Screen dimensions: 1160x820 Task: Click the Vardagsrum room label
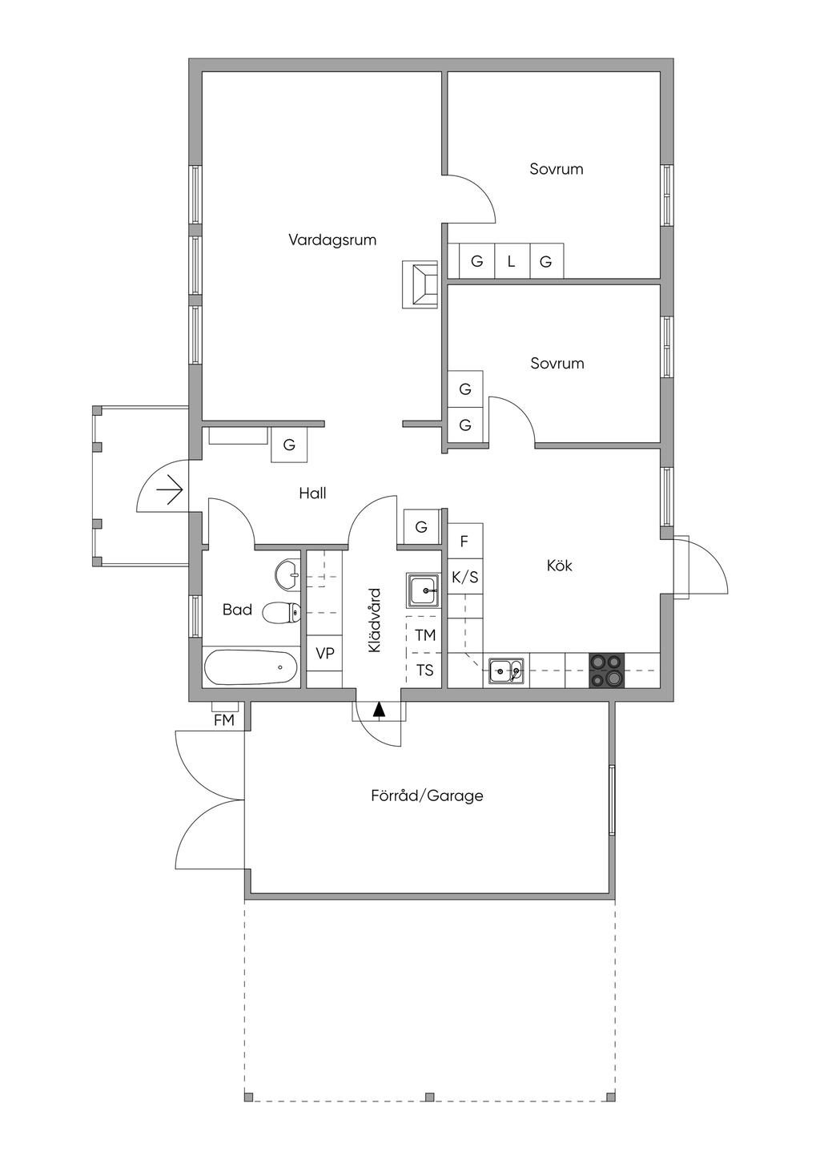point(332,240)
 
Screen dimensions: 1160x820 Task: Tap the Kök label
point(560,566)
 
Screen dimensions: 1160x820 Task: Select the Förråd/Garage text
point(427,795)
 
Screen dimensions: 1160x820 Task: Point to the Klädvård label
point(375,621)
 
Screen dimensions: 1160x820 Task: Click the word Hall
point(312,493)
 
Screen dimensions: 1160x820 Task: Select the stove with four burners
point(606,671)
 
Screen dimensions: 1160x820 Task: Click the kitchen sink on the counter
point(506,671)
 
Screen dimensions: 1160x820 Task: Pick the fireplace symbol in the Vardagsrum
point(420,284)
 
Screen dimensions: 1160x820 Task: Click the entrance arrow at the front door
point(169,488)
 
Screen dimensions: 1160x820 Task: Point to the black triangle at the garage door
point(379,709)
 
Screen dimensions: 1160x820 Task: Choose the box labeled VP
point(324,654)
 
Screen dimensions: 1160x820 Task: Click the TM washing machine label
point(425,635)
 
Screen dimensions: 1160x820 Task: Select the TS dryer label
point(425,670)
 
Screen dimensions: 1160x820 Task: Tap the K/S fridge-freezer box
point(465,577)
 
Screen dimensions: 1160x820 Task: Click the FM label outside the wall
point(224,720)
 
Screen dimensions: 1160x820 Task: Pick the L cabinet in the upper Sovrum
point(511,261)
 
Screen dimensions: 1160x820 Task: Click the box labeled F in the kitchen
point(464,541)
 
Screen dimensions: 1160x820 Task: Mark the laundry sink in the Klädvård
point(423,591)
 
